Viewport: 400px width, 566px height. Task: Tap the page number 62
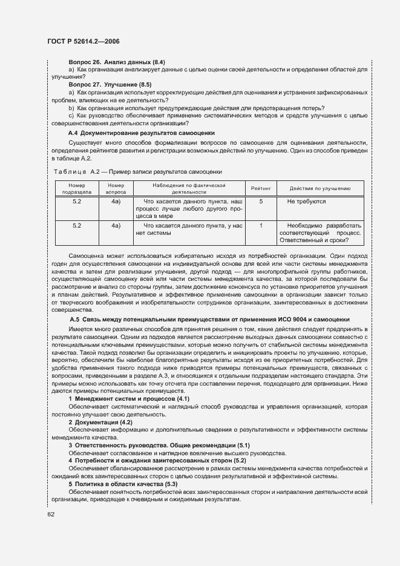coord(51,515)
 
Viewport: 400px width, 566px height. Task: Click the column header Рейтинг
coord(261,188)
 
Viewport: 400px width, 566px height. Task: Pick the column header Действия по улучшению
coord(320,188)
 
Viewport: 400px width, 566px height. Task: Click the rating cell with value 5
coord(261,201)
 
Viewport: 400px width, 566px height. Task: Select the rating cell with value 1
coord(261,225)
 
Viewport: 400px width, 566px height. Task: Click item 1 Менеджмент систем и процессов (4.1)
coord(129,400)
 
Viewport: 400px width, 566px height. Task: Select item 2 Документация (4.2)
coord(100,421)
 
